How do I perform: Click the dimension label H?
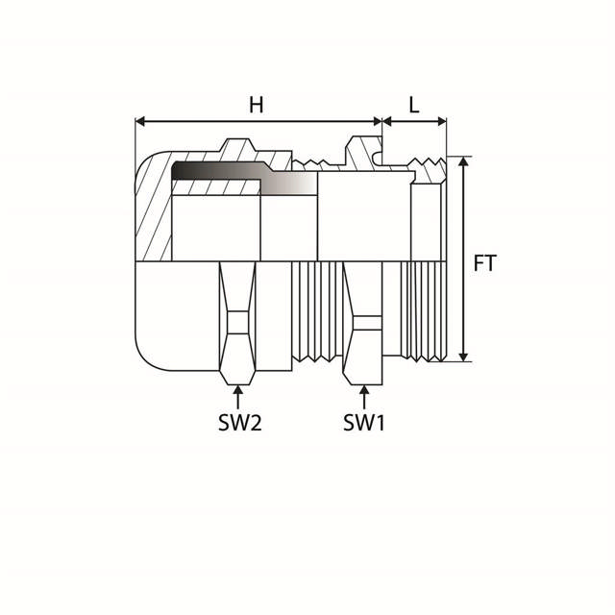[x=256, y=105]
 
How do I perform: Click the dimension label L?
[x=414, y=105]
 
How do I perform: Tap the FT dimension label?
[x=485, y=261]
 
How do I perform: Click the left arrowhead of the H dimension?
[x=140, y=122]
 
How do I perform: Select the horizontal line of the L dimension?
[x=414, y=122]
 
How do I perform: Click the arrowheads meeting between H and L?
[x=382, y=122]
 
